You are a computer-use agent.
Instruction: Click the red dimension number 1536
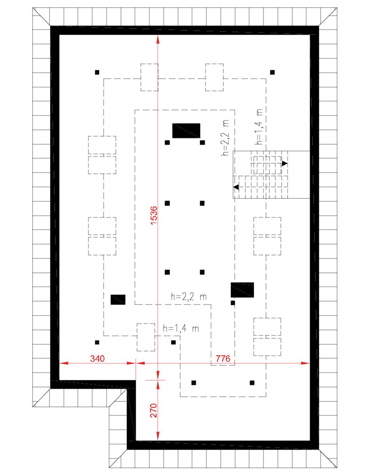pyautogui.click(x=154, y=216)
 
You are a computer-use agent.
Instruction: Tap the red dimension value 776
pyautogui.click(x=222, y=359)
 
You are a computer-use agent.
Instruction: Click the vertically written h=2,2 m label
pyautogui.click(x=225, y=138)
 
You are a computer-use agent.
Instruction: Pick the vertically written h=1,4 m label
pyautogui.click(x=259, y=126)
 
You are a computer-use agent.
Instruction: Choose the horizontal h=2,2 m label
pyautogui.click(x=189, y=297)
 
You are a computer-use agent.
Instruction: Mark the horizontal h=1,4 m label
pyautogui.click(x=181, y=328)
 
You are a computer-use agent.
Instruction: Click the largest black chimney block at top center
pyautogui.click(x=186, y=131)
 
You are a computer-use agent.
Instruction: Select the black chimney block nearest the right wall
pyautogui.click(x=242, y=290)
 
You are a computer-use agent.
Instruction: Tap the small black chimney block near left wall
pyautogui.click(x=118, y=299)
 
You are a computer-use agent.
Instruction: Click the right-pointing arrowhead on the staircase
pyautogui.click(x=285, y=163)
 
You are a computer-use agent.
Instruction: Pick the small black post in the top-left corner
pyautogui.click(x=97, y=72)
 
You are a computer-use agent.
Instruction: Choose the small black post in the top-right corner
pyautogui.click(x=272, y=72)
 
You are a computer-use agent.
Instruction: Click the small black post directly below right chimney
pyautogui.click(x=233, y=303)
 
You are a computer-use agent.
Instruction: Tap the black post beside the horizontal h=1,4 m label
pyautogui.click(x=173, y=342)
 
